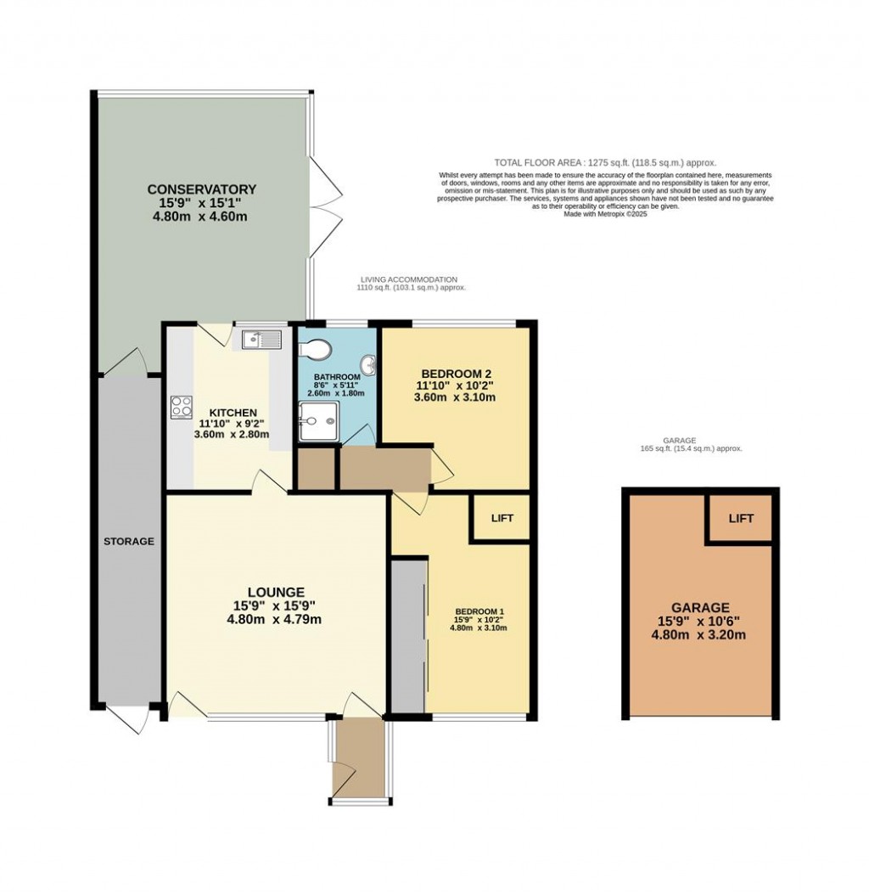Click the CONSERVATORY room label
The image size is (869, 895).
click(201, 189)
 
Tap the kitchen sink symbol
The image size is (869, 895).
click(261, 340)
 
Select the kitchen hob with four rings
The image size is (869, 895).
click(182, 407)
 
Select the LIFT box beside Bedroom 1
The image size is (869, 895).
click(502, 518)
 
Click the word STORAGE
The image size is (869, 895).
click(129, 541)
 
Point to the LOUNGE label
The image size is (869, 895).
click(276, 591)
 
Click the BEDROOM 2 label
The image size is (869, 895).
click(457, 373)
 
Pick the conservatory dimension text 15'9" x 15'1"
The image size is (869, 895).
click(201, 203)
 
